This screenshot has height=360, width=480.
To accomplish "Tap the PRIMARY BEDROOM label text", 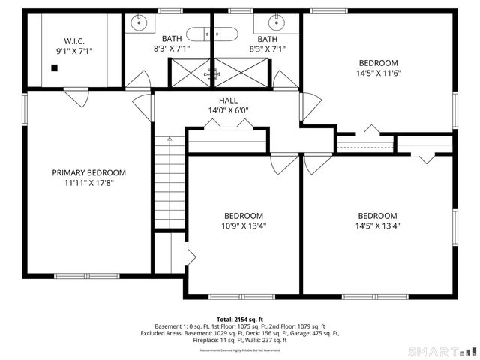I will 88,172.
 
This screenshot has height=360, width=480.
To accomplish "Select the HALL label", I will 228,100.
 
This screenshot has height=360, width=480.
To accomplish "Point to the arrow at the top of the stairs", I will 169,139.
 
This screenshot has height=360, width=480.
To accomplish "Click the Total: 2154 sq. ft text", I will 239,319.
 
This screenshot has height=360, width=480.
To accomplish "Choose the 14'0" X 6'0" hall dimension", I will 228,111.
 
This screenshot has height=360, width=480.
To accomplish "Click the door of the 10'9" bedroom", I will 284,164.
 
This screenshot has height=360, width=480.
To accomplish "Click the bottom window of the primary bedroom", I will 86,276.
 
